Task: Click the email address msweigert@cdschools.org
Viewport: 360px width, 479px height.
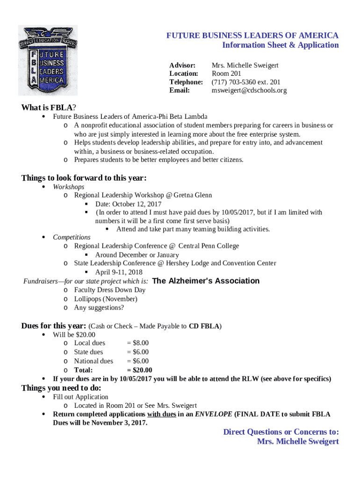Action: pyautogui.click(x=249, y=90)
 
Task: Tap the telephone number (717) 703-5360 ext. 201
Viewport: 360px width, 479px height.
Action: pyautogui.click(x=246, y=82)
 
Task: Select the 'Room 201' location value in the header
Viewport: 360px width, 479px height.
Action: pyautogui.click(x=226, y=73)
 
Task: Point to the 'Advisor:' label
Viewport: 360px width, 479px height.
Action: pyautogui.click(x=182, y=65)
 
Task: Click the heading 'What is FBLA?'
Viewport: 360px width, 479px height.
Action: pyautogui.click(x=49, y=108)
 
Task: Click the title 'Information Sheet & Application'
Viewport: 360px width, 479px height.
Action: pyautogui.click(x=280, y=45)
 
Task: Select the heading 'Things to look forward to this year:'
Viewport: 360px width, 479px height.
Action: pyautogui.click(x=84, y=178)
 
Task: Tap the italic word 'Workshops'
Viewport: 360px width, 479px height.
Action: pyautogui.click(x=69, y=187)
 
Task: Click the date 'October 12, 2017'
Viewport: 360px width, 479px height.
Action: pyautogui.click(x=138, y=204)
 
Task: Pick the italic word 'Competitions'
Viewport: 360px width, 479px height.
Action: pyautogui.click(x=72, y=237)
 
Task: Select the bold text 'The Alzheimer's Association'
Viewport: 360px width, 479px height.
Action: pyautogui.click(x=206, y=281)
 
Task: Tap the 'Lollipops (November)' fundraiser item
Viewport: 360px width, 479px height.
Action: pyautogui.click(x=106, y=298)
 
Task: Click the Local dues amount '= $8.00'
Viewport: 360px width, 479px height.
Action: pyautogui.click(x=138, y=343)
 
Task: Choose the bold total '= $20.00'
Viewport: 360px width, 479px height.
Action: pyautogui.click(x=139, y=370)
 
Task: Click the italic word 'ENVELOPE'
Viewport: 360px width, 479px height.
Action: pyautogui.click(x=213, y=414)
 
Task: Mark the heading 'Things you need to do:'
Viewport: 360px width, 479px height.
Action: pyautogui.click(x=61, y=388)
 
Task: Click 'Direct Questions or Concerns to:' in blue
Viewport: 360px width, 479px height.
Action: pyautogui.click(x=281, y=432)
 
